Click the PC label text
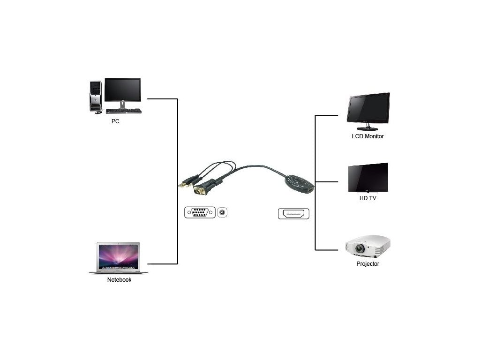point(115,121)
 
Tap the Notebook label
point(119,280)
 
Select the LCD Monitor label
point(368,136)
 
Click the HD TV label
point(367,198)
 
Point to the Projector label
point(367,264)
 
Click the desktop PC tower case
point(96,96)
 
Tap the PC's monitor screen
point(122,90)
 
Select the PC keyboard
point(123,111)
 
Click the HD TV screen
point(368,177)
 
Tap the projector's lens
point(360,248)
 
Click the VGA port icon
point(200,213)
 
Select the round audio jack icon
point(222,213)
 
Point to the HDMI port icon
point(293,214)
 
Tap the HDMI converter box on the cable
point(299,183)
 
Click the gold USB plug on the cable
point(183,183)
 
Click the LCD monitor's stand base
point(367,128)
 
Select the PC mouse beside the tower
point(98,112)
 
